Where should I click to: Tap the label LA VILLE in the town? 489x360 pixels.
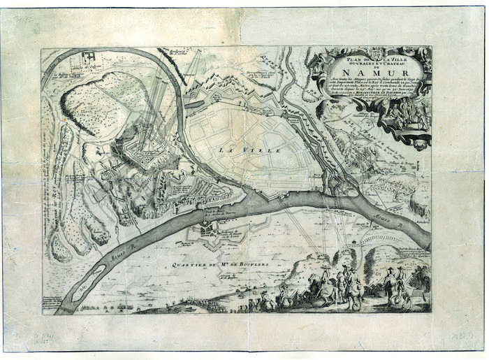click(x=239, y=150)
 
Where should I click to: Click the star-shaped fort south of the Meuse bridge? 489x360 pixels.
click(x=208, y=230)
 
